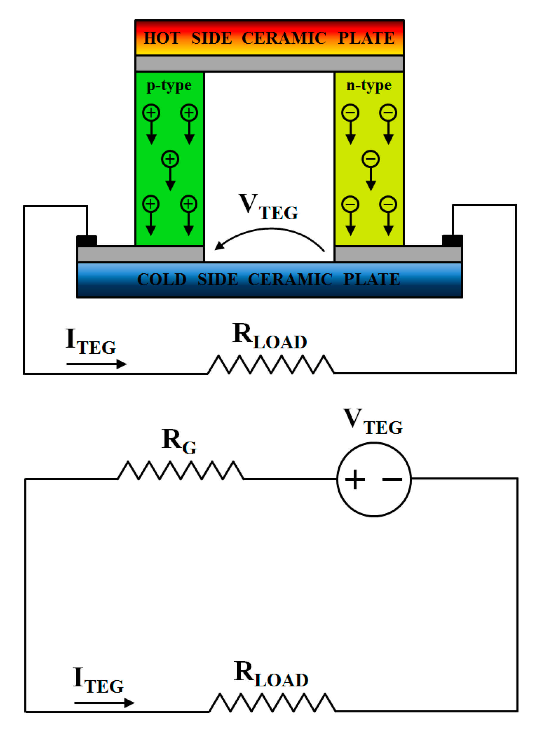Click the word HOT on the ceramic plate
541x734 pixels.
[162, 38]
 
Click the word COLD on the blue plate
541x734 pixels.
[162, 279]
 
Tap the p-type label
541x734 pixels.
[169, 86]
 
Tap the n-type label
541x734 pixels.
[369, 86]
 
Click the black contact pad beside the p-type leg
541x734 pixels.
[87, 241]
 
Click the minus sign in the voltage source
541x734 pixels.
[392, 479]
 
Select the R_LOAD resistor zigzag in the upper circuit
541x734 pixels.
[271, 364]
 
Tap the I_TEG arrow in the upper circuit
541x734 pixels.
[96, 364]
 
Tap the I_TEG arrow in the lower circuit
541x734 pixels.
[104, 703]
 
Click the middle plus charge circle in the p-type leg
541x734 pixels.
[170, 159]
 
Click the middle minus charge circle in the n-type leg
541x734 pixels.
[371, 159]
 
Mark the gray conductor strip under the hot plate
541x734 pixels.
[269, 63]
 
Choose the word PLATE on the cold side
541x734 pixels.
[371, 279]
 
